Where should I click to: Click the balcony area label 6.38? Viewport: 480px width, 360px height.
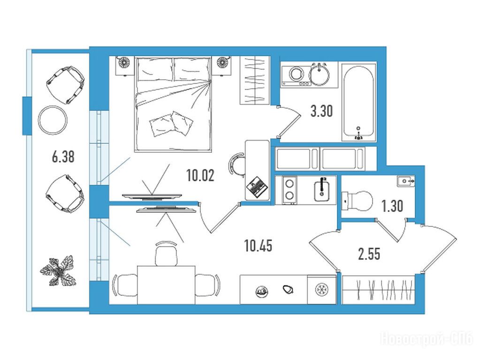coord(63,157)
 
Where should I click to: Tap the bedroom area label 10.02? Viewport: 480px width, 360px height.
coord(200,176)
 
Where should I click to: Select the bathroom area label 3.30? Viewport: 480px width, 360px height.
coord(321,111)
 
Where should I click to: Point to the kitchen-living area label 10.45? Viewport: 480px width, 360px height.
coord(259,246)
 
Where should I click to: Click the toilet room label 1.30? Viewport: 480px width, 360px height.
coord(392,206)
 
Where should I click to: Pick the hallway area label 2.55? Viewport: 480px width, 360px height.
coord(369,254)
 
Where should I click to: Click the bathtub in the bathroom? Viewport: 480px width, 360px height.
coord(358,103)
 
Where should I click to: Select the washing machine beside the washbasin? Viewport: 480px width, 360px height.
coord(296,75)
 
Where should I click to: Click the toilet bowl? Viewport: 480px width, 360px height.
coord(357,201)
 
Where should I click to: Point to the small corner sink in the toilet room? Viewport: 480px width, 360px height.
coord(405,181)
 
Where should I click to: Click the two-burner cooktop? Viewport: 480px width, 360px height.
coord(290,190)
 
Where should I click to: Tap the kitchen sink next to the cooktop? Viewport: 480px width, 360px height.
coord(321,190)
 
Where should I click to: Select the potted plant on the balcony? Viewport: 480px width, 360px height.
coord(58,270)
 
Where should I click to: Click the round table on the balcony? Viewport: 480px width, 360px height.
coord(53,120)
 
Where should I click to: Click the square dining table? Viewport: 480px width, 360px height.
coord(166,285)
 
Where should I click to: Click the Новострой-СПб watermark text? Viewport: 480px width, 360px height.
coord(427,339)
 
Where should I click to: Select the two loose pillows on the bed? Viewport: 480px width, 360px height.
coord(171,124)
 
